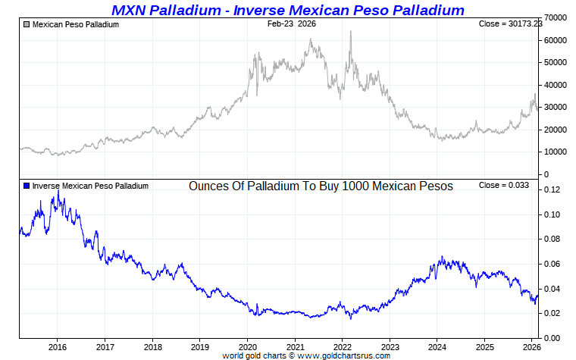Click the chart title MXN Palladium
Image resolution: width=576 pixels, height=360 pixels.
(x=287, y=10)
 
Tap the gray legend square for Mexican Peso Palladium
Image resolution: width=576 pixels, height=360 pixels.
(x=27, y=25)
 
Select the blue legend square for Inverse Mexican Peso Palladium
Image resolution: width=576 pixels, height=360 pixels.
(x=27, y=186)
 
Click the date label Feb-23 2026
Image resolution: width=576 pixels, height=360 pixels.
(x=292, y=24)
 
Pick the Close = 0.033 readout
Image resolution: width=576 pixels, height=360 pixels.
(x=503, y=186)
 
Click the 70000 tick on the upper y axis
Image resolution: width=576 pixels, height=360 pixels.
(x=558, y=17)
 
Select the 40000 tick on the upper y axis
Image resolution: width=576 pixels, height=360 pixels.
(x=558, y=85)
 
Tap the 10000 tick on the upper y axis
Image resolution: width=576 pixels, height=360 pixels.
(x=558, y=152)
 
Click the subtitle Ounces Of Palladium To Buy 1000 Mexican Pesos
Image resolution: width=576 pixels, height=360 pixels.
(x=321, y=186)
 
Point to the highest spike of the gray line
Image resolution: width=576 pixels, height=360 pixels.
(x=350, y=32)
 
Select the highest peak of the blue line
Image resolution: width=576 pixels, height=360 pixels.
(x=58, y=191)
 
